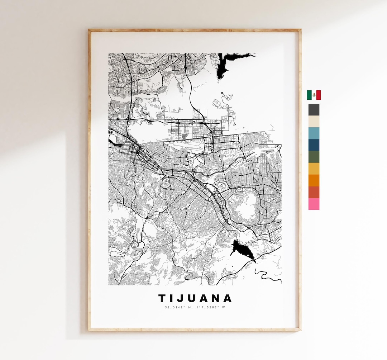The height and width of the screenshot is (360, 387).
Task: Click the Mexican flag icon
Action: pos(314,95)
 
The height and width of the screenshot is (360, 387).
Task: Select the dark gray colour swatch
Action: pos(314,110)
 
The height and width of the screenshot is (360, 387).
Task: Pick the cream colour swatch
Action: pos(314,121)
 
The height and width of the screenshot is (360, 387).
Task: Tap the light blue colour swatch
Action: pos(314,133)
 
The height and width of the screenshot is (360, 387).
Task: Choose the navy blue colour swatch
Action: pos(314,145)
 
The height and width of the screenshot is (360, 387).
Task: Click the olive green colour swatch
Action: pos(314,157)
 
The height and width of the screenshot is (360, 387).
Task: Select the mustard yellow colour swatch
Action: pos(314,169)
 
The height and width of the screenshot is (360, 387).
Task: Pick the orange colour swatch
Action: pos(314,180)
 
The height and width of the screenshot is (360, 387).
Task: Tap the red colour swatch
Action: pos(314,192)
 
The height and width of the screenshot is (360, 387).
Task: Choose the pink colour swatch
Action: pos(314,204)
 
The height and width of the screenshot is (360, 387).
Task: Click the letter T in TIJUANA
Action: pos(162,298)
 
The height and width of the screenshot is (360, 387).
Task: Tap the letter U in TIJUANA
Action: pos(193,298)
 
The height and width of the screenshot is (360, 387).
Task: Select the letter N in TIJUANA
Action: pos(217,298)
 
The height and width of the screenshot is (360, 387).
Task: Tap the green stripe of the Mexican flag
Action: pos(309,95)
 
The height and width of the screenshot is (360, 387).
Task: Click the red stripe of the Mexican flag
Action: pos(318,95)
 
